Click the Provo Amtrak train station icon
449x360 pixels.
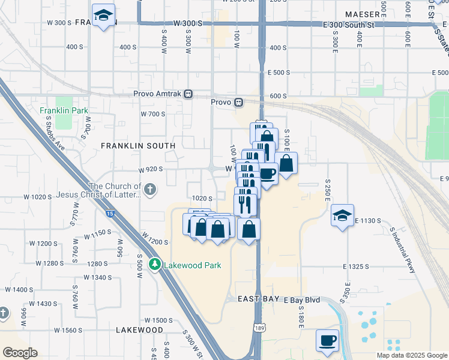[188, 94]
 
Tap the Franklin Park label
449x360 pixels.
[64, 110]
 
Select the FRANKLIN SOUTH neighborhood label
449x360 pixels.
[138, 146]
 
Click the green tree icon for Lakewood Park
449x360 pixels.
[155, 265]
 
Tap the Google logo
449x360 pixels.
[20, 353]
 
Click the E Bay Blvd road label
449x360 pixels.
[302, 299]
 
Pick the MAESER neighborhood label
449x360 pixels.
[363, 14]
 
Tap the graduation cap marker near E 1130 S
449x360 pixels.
[342, 217]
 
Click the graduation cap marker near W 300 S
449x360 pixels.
[104, 16]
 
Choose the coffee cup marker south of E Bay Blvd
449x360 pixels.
[327, 341]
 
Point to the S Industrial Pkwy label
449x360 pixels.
[403, 250]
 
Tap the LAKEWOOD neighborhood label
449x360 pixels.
[139, 330]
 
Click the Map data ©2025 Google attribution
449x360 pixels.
[412, 355]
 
